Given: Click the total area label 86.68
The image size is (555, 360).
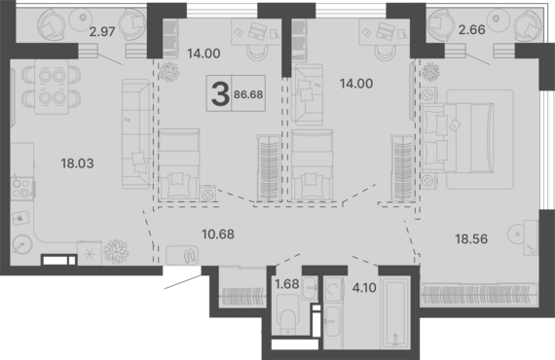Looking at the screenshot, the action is pyautogui.click(x=248, y=94).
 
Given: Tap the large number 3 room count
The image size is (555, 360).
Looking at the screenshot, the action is pyautogui.click(x=220, y=94).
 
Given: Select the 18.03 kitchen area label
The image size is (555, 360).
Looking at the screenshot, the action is pyautogui.click(x=77, y=163).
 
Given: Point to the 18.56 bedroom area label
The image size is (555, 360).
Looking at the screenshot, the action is pyautogui.click(x=471, y=239).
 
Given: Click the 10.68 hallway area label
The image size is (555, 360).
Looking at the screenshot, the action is pyautogui.click(x=218, y=234).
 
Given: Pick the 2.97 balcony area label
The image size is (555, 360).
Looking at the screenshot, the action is pyautogui.click(x=102, y=32).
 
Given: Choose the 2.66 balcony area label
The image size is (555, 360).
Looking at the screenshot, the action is pyautogui.click(x=471, y=30).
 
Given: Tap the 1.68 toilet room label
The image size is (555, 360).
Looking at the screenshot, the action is pyautogui.click(x=287, y=284).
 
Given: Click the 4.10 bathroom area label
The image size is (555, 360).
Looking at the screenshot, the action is pyautogui.click(x=364, y=288).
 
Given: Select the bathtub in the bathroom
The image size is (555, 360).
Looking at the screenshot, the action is pyautogui.click(x=395, y=312).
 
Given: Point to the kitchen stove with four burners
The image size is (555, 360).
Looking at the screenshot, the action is pyautogui.click(x=21, y=189).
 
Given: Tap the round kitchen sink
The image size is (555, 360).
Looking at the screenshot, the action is pyautogui.click(x=22, y=244).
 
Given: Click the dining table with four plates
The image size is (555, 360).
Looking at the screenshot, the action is pyautogui.click(x=52, y=87).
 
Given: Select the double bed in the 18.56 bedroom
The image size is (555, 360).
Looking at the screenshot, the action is pyautogui.click(x=458, y=138).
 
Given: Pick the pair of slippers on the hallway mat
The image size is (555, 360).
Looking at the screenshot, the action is pyautogui.click(x=189, y=255).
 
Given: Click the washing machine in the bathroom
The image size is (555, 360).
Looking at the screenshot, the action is pyautogui.click(x=333, y=289).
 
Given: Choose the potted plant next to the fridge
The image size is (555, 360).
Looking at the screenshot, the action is pyautogui.click(x=116, y=252).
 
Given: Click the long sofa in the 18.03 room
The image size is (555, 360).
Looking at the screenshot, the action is pyautogui.click(x=135, y=134).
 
